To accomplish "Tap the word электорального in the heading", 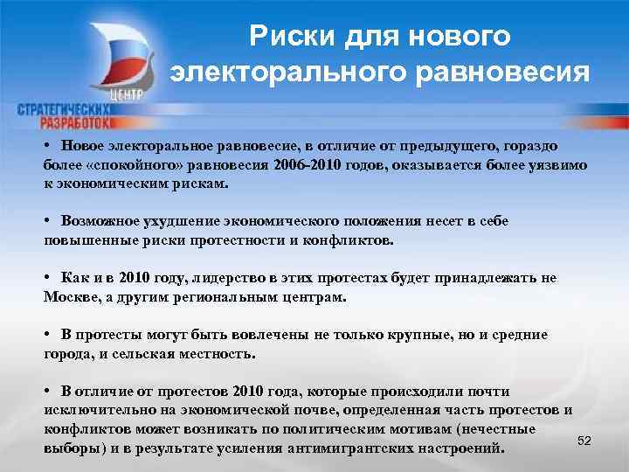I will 280,72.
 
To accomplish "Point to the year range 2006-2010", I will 309,164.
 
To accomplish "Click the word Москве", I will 73,297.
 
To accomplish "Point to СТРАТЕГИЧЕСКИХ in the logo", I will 61,109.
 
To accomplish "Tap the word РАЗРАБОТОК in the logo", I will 76,123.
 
